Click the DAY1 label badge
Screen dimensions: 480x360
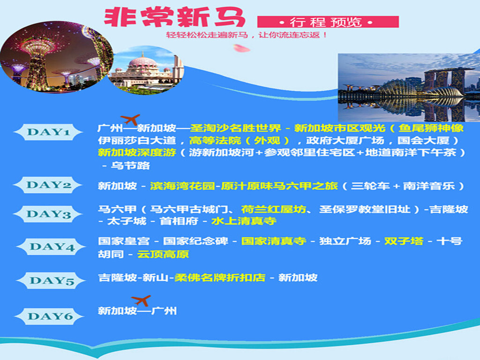48,132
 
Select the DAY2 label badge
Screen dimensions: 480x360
48,185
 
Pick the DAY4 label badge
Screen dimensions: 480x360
51,247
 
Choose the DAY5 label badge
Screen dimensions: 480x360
51,280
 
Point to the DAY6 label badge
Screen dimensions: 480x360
50,316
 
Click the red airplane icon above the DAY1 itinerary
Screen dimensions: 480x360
130,120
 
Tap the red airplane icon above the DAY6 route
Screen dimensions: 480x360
141,300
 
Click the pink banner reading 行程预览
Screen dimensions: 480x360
328,22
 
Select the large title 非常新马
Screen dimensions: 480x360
174,17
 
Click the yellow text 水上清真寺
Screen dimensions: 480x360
244,221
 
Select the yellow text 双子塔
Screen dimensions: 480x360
404,241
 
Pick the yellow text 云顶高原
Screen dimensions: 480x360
163,254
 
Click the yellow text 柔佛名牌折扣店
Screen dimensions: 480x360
220,277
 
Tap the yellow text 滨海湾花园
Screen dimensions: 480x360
182,186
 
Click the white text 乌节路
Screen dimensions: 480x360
130,165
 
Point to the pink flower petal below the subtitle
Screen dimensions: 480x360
241,48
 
